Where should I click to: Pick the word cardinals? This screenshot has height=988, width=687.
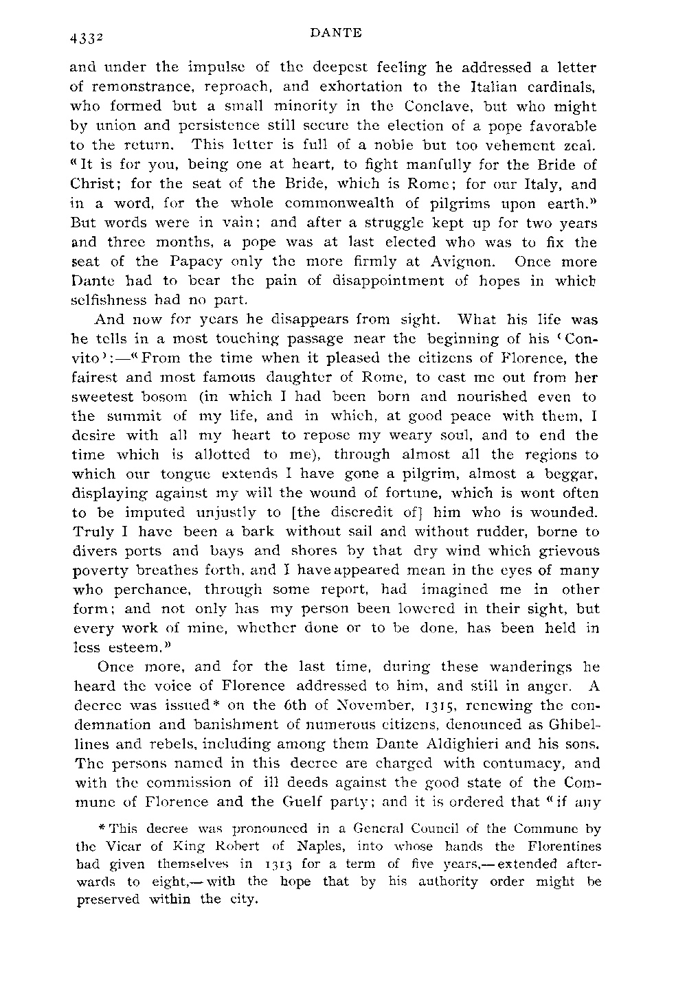[x=556, y=87]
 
